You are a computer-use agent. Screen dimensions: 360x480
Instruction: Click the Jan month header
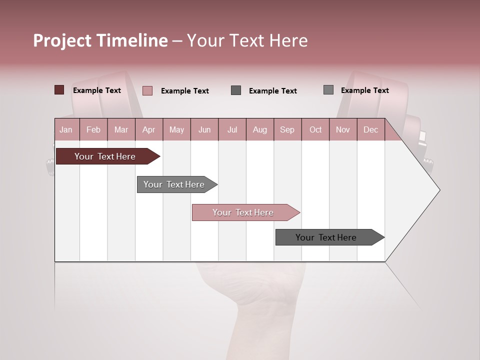[66, 129]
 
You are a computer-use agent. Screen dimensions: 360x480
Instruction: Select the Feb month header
[93, 129]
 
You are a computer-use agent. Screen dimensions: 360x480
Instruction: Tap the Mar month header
[121, 129]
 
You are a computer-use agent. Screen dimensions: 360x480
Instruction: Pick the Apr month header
[149, 129]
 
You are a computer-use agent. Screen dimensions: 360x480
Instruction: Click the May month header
[176, 129]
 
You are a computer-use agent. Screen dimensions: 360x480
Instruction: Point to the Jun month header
[204, 129]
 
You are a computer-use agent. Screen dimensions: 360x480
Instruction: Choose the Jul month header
[232, 129]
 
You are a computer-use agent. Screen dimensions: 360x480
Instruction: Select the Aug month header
[260, 129]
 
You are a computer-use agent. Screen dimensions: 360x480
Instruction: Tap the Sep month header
[287, 129]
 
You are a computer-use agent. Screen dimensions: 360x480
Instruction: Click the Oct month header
[315, 129]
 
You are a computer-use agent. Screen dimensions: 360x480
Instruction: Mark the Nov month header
[343, 129]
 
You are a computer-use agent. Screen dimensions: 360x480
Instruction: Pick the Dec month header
[370, 129]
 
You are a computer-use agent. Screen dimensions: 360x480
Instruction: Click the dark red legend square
[59, 90]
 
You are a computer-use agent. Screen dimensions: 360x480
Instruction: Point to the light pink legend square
[147, 90]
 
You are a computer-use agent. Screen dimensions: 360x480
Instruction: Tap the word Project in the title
[62, 40]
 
